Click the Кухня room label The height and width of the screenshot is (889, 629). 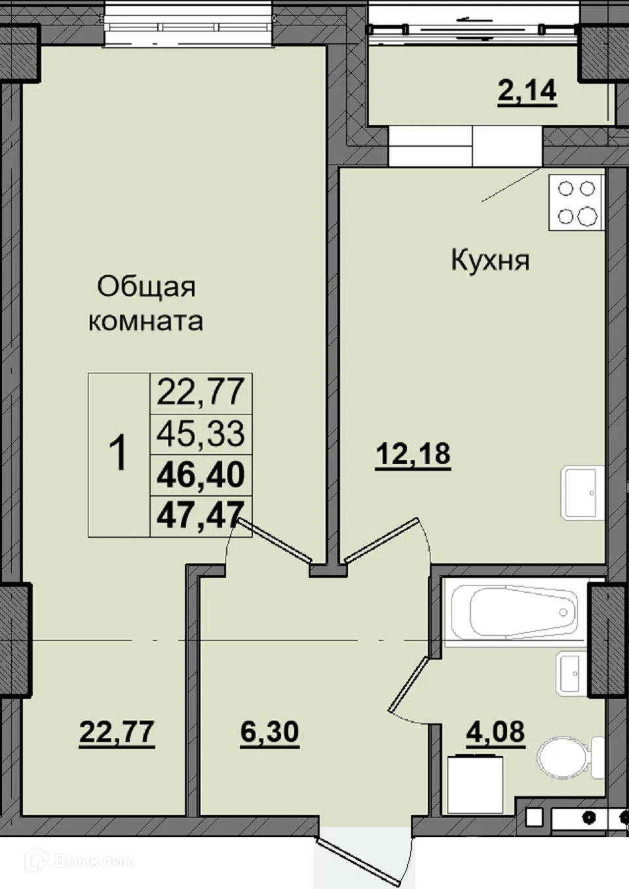click(x=490, y=261)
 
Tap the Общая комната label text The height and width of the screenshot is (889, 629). click(x=145, y=304)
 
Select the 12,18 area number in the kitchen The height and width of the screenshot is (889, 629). click(x=413, y=453)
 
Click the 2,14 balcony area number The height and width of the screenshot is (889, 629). click(x=527, y=90)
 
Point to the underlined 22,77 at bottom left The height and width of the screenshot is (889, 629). click(x=117, y=731)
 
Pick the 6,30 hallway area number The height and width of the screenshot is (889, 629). click(x=269, y=731)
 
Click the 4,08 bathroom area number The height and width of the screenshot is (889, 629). click(x=495, y=731)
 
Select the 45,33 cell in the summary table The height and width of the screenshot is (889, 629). click(x=200, y=433)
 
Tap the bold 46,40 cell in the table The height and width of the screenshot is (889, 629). click(x=200, y=474)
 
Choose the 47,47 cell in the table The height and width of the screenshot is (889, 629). click(x=200, y=514)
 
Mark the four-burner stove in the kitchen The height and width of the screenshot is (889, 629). click(x=576, y=202)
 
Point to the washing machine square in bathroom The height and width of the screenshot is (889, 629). click(x=475, y=784)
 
